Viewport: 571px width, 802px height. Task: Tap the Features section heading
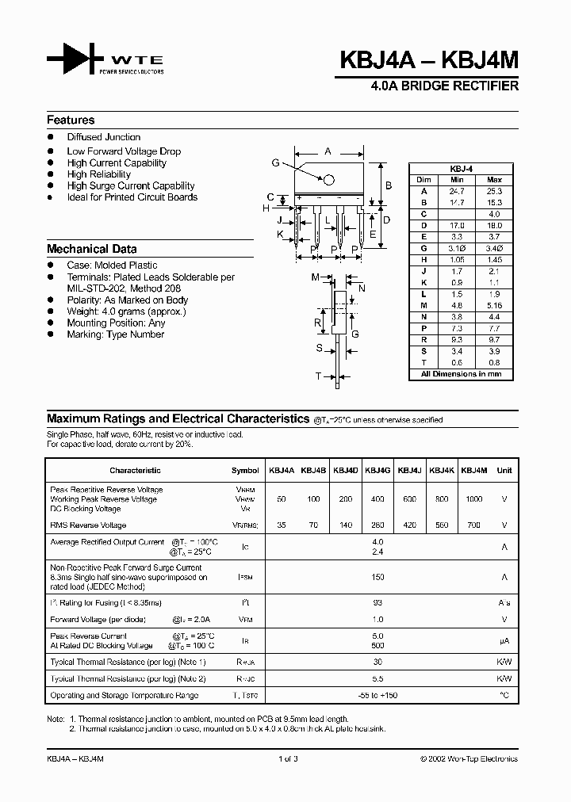(71, 120)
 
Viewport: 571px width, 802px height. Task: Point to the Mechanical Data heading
(91, 249)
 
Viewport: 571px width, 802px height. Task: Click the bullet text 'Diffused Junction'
(103, 137)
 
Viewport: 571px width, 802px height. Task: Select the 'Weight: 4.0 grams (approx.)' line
(126, 311)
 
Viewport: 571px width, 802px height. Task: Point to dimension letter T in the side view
(318, 376)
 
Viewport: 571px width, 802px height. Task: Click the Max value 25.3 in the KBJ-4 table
(494, 191)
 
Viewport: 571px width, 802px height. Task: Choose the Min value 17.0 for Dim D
(457, 224)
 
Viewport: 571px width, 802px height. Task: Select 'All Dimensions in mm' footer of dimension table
(461, 373)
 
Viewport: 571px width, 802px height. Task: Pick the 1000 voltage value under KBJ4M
(473, 499)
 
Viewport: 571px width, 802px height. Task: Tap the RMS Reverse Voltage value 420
(409, 525)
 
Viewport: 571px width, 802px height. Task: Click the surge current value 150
(377, 577)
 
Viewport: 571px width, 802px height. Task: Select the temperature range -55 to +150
(377, 695)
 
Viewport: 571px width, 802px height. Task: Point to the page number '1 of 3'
(287, 758)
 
